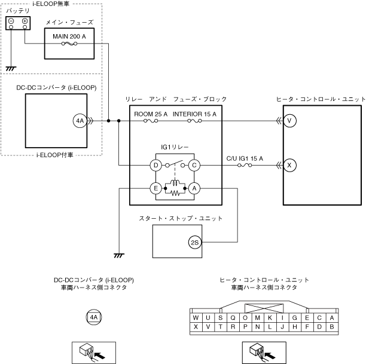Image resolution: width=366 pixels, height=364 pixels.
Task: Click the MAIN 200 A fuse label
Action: (69, 36)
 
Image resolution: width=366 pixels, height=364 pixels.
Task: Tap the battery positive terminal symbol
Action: (25, 23)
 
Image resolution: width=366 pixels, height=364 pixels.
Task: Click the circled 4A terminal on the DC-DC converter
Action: (80, 121)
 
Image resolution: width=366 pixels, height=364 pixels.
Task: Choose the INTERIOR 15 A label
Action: (194, 114)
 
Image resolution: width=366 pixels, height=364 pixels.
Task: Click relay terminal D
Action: (155, 165)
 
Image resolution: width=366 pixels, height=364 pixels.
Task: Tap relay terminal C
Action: (194, 165)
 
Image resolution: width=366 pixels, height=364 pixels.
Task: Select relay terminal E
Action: (155, 188)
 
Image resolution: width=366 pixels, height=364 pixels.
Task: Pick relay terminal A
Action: (194, 188)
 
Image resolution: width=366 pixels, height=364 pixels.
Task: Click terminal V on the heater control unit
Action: (290, 121)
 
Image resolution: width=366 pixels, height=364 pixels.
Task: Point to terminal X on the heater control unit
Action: (290, 165)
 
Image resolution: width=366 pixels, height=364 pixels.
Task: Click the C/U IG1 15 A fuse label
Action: (245, 158)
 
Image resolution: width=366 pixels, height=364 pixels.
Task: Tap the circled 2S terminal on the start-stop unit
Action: (194, 242)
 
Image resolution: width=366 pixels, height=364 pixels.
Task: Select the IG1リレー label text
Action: (174, 146)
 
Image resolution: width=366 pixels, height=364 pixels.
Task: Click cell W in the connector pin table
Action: (196, 317)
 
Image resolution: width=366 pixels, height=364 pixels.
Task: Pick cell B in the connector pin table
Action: (331, 326)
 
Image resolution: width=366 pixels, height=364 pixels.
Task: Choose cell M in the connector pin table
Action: (257, 317)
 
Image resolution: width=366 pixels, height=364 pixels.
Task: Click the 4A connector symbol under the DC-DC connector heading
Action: (93, 317)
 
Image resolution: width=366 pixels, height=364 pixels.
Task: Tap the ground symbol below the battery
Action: (10, 68)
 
